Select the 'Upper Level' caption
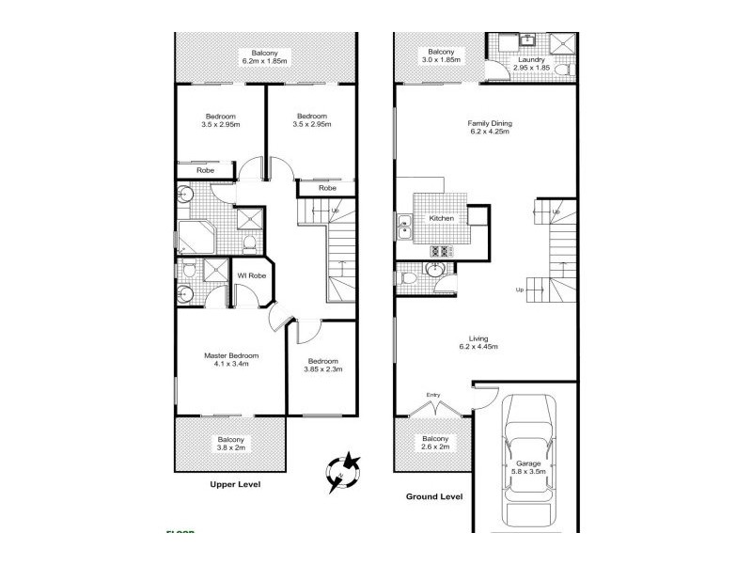pyautogui.click(x=234, y=485)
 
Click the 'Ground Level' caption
pyautogui.click(x=435, y=495)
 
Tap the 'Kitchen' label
pyautogui.click(x=442, y=218)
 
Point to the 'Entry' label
pyautogui.click(x=433, y=395)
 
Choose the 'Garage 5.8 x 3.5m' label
pyautogui.click(x=528, y=468)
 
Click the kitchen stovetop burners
pyautogui.click(x=441, y=250)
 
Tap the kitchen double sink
pyautogui.click(x=404, y=226)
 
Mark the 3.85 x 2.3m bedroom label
pyautogui.click(x=324, y=364)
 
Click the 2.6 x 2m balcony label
pyautogui.click(x=434, y=443)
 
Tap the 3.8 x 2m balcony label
pyautogui.click(x=231, y=445)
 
